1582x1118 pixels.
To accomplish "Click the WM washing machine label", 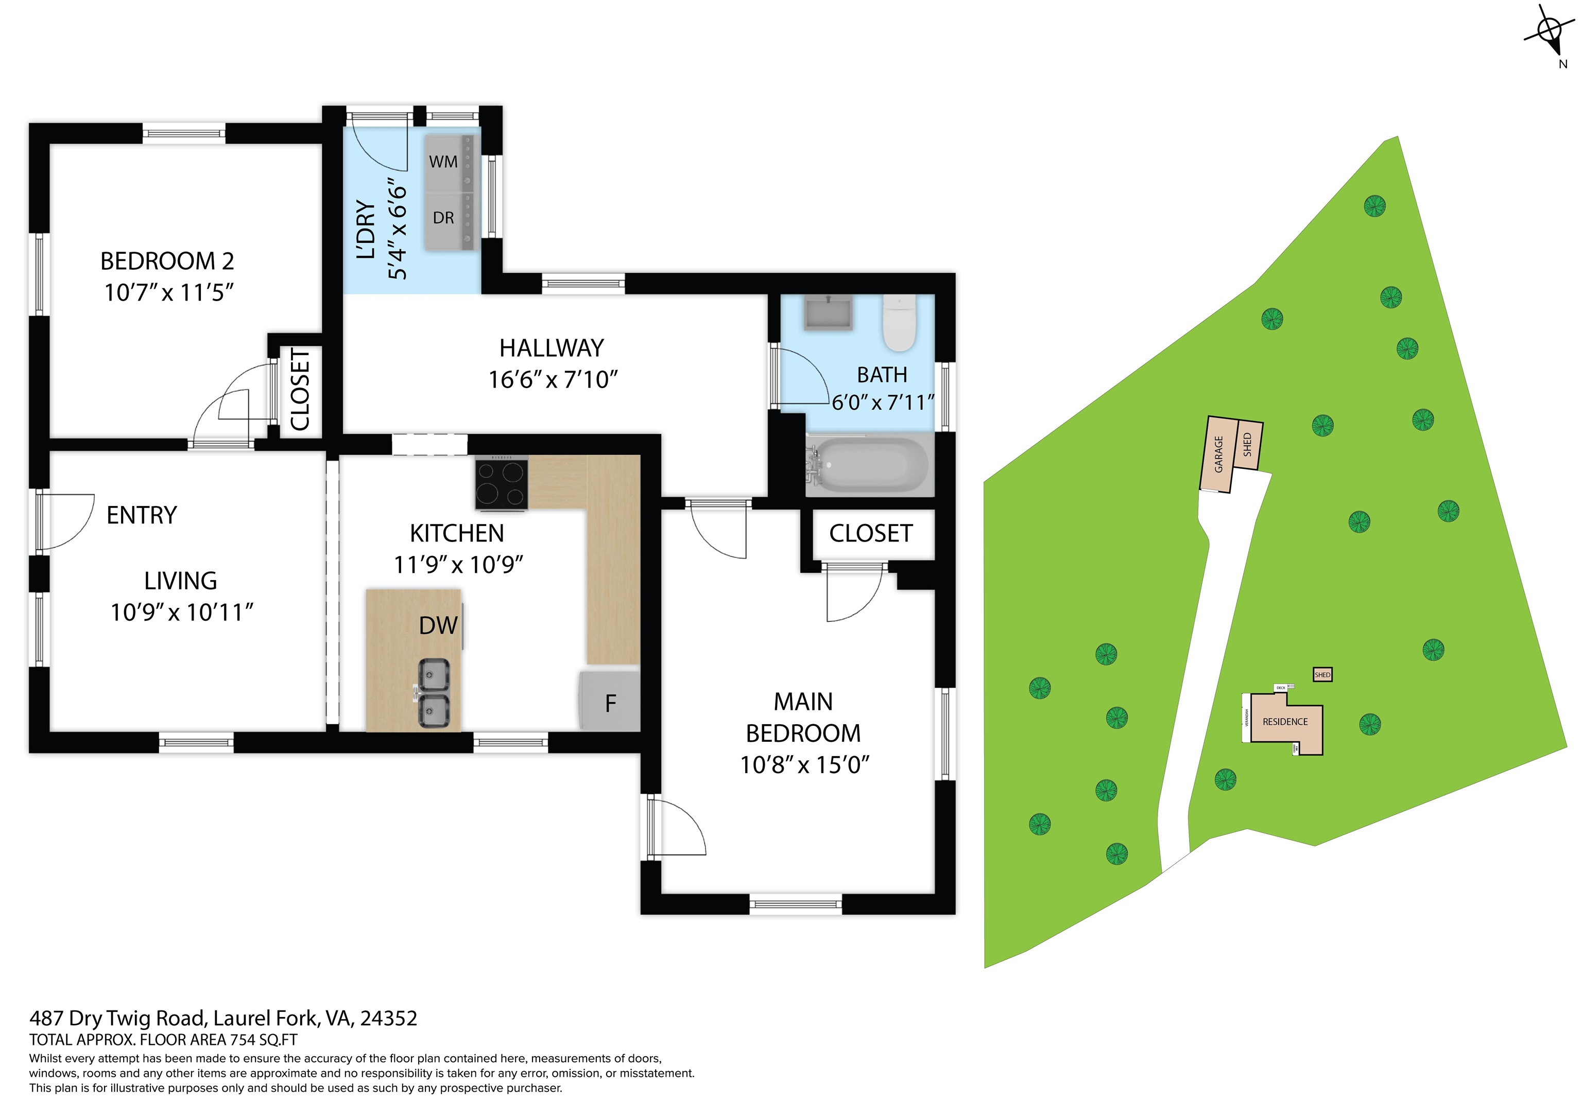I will tap(443, 162).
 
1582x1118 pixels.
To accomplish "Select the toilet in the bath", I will tap(899, 324).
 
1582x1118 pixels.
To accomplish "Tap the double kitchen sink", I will tap(434, 693).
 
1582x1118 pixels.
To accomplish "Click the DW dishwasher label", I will tap(438, 625).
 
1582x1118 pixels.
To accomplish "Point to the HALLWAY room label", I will tap(551, 348).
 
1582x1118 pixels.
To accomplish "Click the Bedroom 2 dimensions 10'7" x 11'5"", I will tap(169, 293).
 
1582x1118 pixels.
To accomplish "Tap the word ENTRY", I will tap(142, 515).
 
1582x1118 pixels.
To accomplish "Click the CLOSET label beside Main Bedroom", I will tap(871, 533).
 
